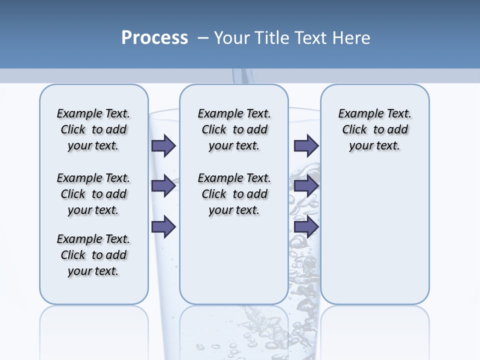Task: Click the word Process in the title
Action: point(154,38)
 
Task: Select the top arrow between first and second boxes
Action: point(163,145)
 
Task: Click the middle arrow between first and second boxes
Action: point(163,186)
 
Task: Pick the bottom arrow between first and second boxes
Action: point(163,227)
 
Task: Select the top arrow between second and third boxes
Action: point(306,145)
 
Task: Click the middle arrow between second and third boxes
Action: point(306,186)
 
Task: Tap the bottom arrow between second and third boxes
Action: point(306,227)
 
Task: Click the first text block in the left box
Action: point(93,129)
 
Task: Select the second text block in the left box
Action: point(93,194)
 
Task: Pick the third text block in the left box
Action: point(93,255)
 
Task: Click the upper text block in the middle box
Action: point(234,129)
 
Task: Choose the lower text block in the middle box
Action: point(234,194)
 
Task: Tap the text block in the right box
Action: point(374,129)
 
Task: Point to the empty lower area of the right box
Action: point(374,235)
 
